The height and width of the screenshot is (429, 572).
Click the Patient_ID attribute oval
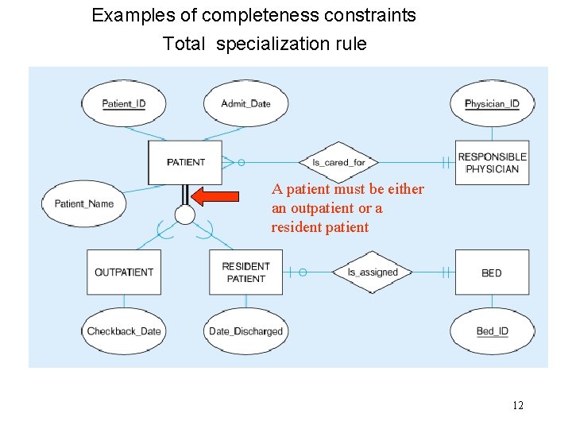(x=124, y=103)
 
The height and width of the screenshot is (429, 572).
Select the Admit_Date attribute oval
(x=245, y=103)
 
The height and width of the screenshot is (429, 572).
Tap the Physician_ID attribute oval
(x=492, y=103)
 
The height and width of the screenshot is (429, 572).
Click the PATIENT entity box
(x=186, y=162)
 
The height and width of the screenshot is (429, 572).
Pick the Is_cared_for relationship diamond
(x=338, y=162)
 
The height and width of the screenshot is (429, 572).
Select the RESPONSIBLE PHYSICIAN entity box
(x=493, y=163)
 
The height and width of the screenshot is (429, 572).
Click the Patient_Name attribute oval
(x=83, y=203)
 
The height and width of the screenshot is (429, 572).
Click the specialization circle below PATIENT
(x=185, y=214)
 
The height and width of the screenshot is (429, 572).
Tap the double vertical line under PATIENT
(x=185, y=195)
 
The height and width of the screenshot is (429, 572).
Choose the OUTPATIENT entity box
(x=124, y=272)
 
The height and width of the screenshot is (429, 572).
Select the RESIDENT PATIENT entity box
(x=245, y=272)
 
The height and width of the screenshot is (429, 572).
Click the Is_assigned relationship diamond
(x=373, y=272)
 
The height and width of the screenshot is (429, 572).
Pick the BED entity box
(x=492, y=272)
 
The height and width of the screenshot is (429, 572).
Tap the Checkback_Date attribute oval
(x=124, y=330)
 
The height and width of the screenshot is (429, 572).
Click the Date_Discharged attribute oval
(x=245, y=330)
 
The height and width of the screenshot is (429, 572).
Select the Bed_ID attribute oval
(x=492, y=330)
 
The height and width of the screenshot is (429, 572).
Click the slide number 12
(x=517, y=406)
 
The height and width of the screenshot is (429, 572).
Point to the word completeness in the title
(x=255, y=15)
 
